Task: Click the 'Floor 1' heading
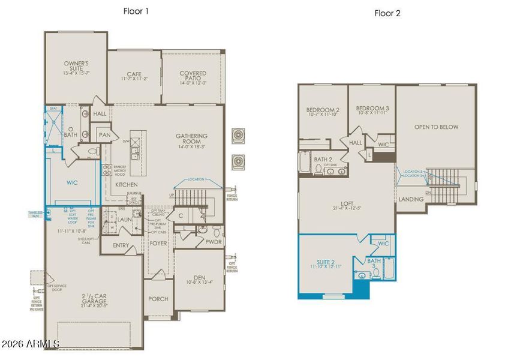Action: click(137, 11)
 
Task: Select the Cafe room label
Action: click(133, 74)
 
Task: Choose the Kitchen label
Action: click(127, 184)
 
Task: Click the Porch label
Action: click(158, 299)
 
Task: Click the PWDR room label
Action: click(214, 242)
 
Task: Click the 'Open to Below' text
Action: click(436, 127)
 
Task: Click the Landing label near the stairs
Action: click(411, 199)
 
